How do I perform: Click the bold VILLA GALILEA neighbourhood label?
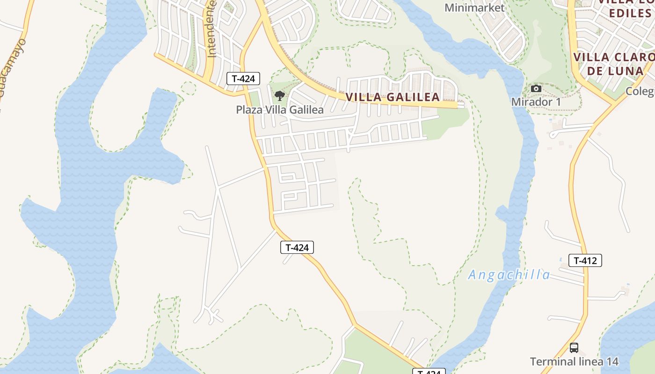[x=393, y=97]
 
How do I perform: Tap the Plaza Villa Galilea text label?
[x=280, y=110]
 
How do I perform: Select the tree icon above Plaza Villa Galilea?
[x=280, y=96]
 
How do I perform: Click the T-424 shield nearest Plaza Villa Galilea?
[x=243, y=79]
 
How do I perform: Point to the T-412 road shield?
[x=585, y=260]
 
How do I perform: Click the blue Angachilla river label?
[x=509, y=274]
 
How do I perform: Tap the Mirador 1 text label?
[x=536, y=102]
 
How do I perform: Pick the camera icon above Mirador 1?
[x=536, y=89]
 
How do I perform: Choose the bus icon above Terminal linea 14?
[x=574, y=348]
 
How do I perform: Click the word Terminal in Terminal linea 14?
[x=553, y=361]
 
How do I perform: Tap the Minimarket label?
[x=474, y=8]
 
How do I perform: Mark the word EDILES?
[x=630, y=13]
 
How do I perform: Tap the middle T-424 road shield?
[x=297, y=247]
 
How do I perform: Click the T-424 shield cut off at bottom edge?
[x=429, y=371]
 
